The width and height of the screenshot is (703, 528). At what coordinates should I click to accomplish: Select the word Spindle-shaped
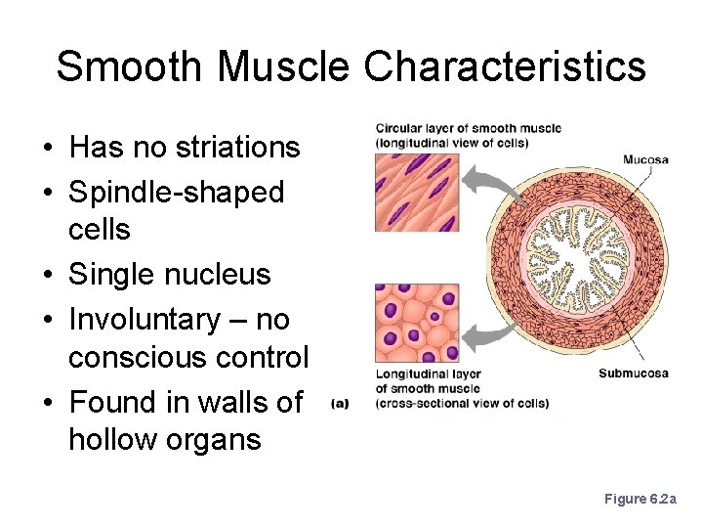tap(176, 192)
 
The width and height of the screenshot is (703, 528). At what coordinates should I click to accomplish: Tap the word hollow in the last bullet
tap(115, 440)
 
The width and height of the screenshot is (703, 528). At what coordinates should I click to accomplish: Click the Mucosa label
tap(645, 159)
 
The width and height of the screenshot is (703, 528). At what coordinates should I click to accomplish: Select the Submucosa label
tap(633, 373)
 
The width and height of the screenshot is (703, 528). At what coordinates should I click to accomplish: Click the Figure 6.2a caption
tap(639, 499)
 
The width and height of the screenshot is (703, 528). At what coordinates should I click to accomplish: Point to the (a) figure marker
tap(340, 402)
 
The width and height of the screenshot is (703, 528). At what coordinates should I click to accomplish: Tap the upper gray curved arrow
tap(488, 181)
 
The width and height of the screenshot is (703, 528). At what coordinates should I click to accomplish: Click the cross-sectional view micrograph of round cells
tap(416, 324)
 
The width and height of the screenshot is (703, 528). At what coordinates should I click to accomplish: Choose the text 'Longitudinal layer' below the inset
tap(427, 374)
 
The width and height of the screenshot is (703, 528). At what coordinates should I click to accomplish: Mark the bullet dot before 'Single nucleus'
tap(47, 276)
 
